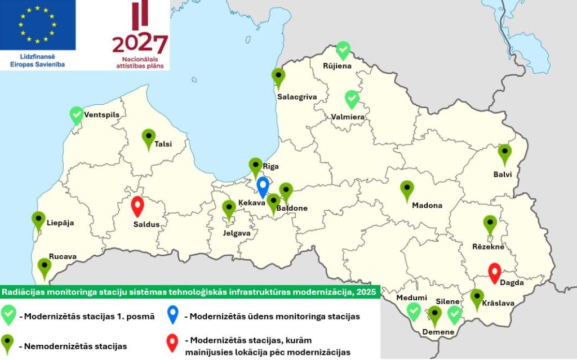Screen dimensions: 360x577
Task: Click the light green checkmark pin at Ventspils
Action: [x=77, y=115]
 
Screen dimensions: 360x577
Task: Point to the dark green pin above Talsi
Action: [x=148, y=138]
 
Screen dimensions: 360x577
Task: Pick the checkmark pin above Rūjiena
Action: [x=343, y=50]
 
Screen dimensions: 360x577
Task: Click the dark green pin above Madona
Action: [x=407, y=190]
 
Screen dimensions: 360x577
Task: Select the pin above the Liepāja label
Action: [x=38, y=220]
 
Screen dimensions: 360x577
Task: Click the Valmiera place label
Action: [x=348, y=117]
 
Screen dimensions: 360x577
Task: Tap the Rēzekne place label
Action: [x=488, y=247]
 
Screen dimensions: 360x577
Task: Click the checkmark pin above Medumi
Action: [x=414, y=312]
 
